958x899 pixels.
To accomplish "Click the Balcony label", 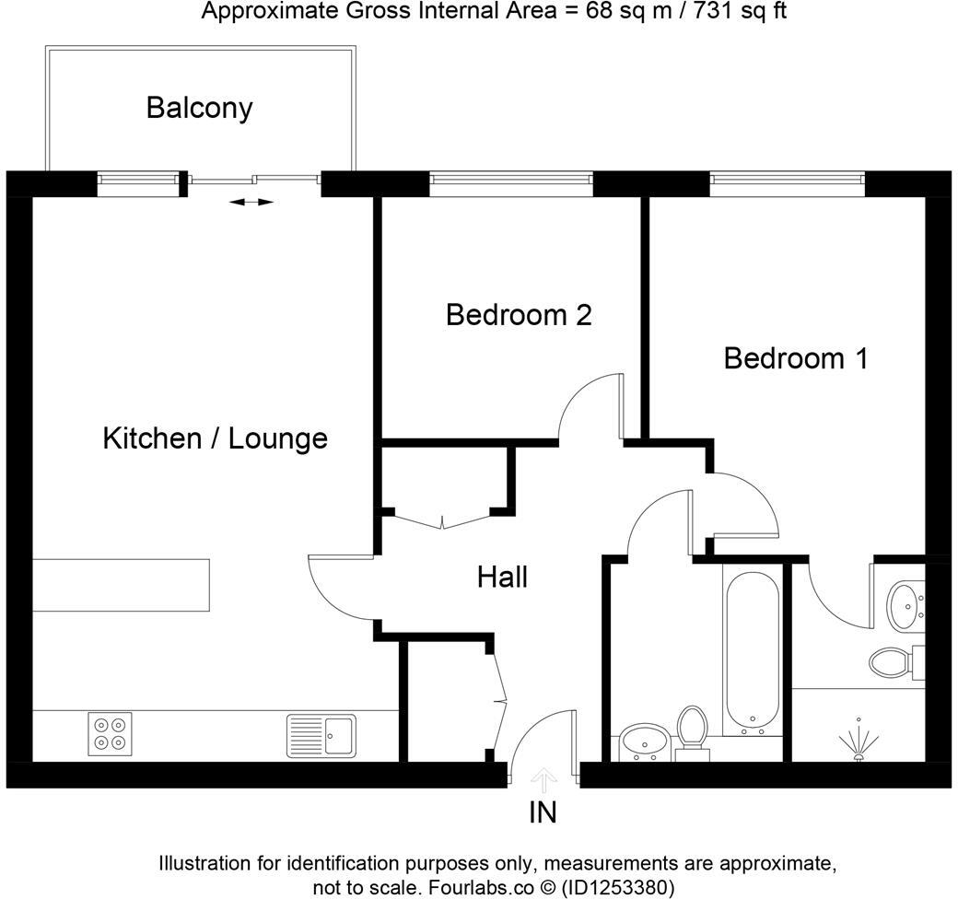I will pos(199,108).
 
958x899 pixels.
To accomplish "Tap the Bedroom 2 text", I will pos(519,315).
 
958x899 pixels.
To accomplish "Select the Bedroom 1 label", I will pos(796,357).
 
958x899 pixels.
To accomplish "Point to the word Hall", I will pos(502,578).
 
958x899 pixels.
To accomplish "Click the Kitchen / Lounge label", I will pos(215,438).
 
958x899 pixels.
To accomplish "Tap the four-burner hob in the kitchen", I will pos(110,733).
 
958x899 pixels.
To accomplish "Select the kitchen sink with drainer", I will pos(321,734).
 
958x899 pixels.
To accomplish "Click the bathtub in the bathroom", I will pos(754,650).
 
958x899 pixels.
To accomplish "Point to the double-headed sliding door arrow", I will pos(251,201).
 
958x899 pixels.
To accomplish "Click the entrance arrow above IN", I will pos(544,781).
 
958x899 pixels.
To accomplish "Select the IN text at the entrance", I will pos(543,812).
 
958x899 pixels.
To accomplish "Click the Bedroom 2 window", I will pos(511,184).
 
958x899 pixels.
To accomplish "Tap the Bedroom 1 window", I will pos(788,184).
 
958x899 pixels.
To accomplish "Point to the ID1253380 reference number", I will pos(618,888).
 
